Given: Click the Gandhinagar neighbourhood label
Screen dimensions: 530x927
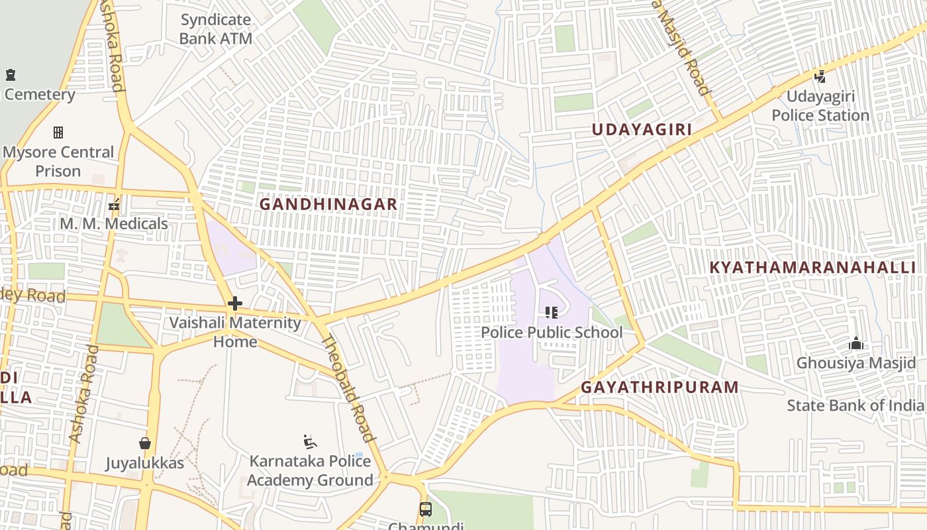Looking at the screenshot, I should [328, 204].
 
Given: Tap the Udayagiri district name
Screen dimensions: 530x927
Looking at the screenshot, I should [641, 130].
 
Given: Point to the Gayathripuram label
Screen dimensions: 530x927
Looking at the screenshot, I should [659, 387].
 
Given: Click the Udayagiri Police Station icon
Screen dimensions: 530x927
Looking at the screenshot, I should [820, 77].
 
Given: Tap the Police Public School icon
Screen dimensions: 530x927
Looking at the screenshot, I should [551, 312].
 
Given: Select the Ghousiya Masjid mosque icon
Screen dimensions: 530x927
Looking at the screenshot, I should [856, 343].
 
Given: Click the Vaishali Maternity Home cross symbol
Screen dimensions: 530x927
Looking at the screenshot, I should [234, 303].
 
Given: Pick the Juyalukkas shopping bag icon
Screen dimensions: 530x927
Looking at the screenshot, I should [145, 443].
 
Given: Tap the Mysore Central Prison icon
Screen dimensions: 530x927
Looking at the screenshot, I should [58, 132].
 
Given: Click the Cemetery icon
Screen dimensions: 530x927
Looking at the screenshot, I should [10, 75].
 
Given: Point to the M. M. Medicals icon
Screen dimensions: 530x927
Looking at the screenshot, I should [114, 205].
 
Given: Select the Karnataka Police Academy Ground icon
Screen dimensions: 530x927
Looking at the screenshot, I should [310, 441].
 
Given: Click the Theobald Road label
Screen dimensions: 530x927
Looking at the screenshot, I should [348, 388].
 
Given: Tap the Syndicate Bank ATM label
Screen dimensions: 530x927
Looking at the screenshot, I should [216, 29].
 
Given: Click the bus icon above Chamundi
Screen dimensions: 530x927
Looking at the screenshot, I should [425, 509].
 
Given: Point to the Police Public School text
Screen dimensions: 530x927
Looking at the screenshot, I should [552, 332].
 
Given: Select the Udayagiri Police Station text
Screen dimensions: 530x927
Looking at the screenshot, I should [820, 106].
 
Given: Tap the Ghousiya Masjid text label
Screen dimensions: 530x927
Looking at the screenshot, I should [855, 363].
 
